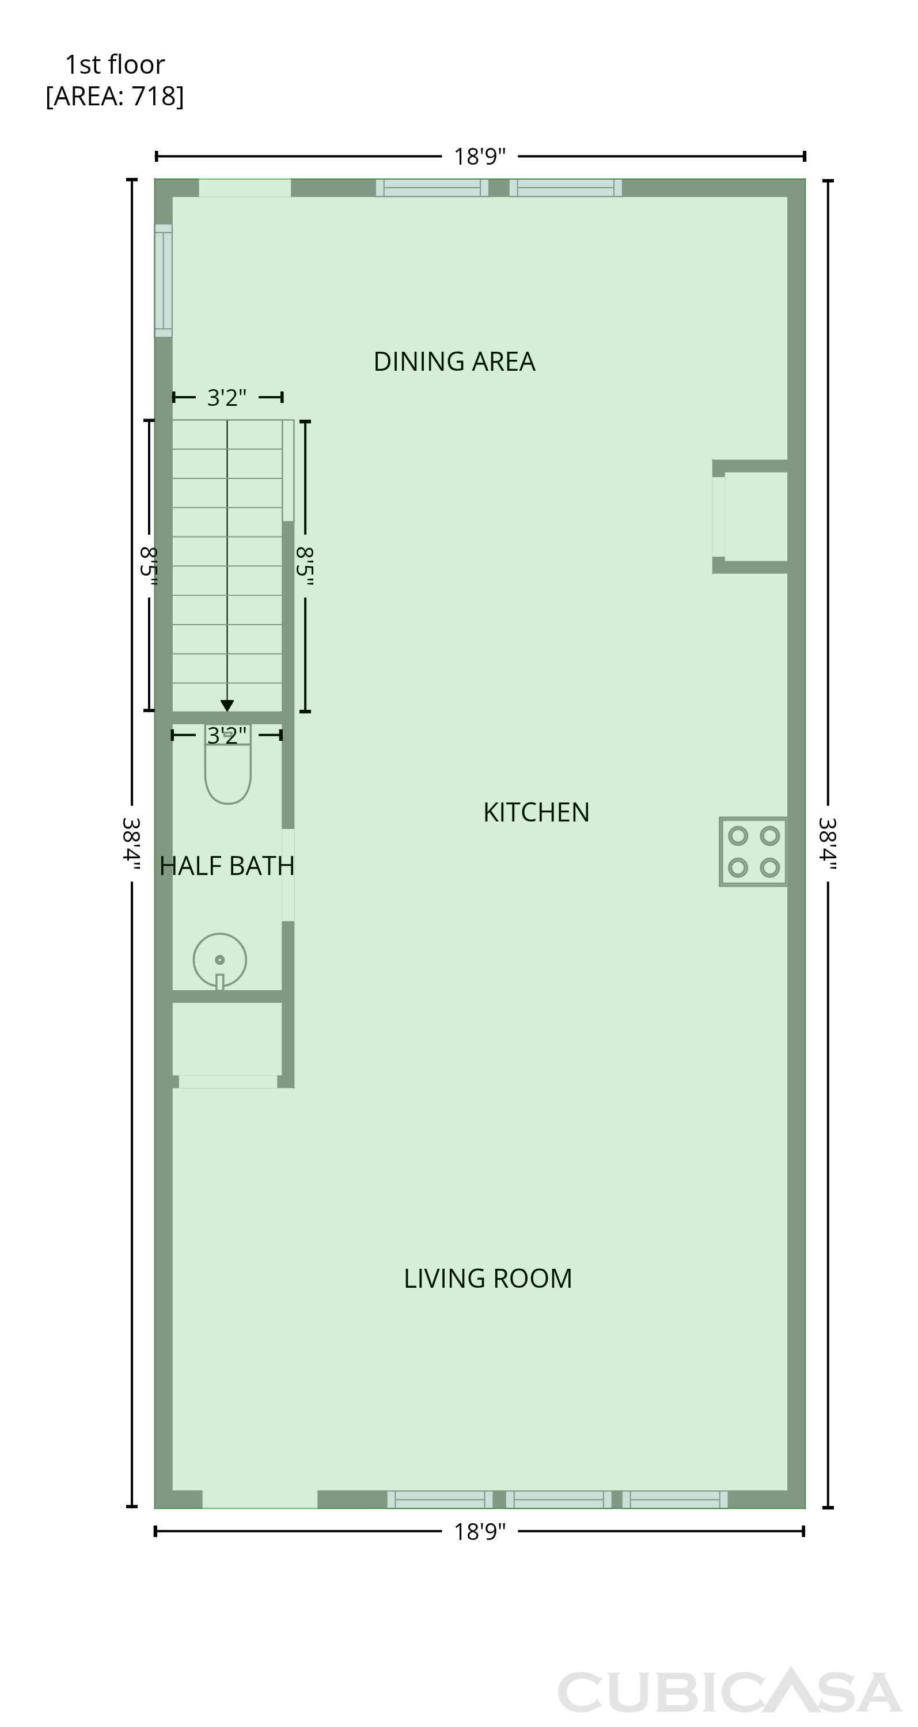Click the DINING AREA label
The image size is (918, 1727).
pos(454,362)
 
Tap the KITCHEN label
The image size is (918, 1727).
pos(536,812)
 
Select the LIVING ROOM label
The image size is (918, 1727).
pos(487,1279)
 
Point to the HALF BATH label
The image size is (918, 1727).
pos(227,866)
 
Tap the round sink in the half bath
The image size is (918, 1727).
pos(220,961)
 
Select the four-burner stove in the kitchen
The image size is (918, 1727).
pos(753,851)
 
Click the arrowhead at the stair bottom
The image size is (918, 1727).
pos(227,706)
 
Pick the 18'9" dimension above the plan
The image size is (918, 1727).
pos(480,157)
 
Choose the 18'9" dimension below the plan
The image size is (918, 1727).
pos(480,1532)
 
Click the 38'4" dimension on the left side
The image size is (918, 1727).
pos(131,843)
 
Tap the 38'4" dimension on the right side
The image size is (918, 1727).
pos(828,843)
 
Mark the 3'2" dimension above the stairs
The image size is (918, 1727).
pos(227,398)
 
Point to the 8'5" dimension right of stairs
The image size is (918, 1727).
pos(305,566)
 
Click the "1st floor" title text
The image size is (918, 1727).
pos(115,65)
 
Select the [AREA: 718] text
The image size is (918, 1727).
pos(115,97)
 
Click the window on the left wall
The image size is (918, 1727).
pos(164,280)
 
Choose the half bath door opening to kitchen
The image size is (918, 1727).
pos(288,875)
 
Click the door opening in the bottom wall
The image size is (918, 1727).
pos(260,1500)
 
